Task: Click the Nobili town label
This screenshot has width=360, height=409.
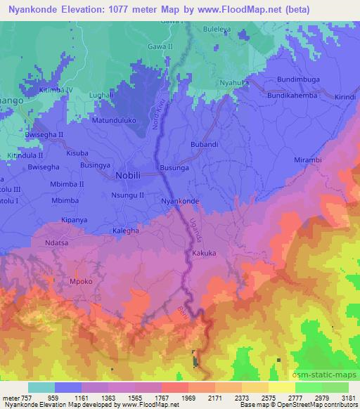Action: point(128,176)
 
